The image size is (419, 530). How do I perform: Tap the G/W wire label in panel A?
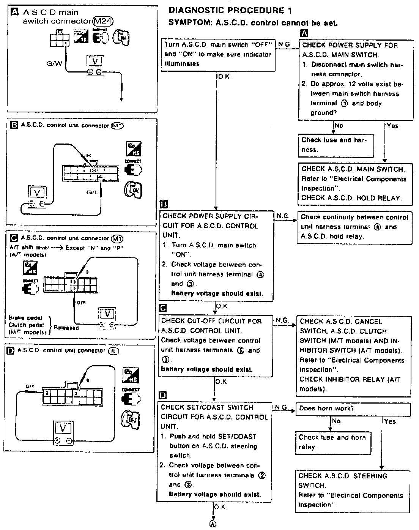click(54, 63)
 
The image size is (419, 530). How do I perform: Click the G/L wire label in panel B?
click(92, 192)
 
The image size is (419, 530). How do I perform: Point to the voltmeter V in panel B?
click(37, 192)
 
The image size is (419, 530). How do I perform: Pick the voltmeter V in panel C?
click(107, 314)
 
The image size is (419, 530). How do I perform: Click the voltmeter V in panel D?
click(63, 429)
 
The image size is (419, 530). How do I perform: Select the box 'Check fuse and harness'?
click(336, 145)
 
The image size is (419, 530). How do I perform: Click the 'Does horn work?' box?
click(353, 409)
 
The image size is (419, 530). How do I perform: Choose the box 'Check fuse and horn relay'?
click(332, 442)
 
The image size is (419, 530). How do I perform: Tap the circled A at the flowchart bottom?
click(213, 524)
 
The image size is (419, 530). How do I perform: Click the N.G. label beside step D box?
click(282, 407)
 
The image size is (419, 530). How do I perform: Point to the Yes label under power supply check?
click(392, 126)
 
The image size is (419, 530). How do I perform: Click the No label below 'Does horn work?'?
click(336, 421)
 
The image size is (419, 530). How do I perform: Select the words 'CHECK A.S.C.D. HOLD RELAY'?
click(351, 198)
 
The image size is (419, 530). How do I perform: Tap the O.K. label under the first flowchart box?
click(224, 77)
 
